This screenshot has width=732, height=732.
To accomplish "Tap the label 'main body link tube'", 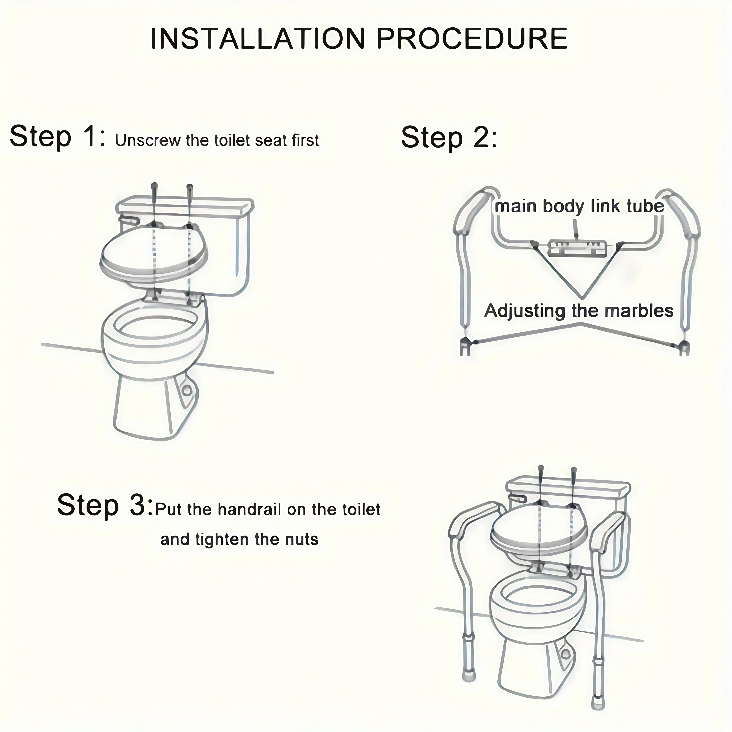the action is click(x=579, y=206).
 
